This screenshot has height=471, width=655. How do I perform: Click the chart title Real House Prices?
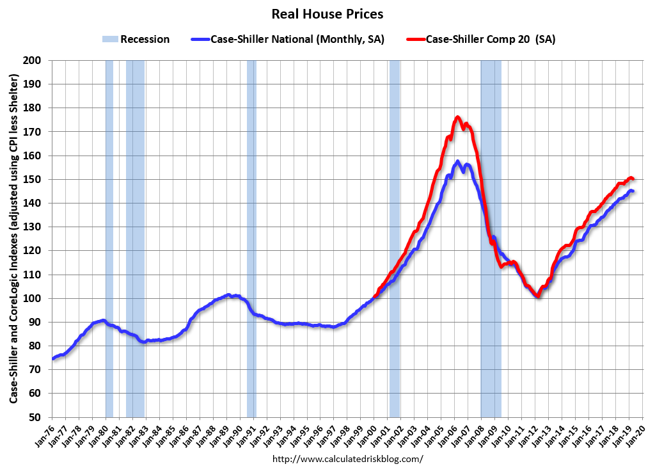pos(327,13)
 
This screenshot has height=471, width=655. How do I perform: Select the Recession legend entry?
pos(136,39)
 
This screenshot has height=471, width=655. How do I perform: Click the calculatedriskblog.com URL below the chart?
pos(347,459)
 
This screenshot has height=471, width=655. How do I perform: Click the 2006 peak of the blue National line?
pos(457,162)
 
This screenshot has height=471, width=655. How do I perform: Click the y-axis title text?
pos(13,238)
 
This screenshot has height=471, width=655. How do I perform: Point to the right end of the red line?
pos(632,179)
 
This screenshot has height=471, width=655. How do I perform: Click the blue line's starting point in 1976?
pos(53,358)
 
